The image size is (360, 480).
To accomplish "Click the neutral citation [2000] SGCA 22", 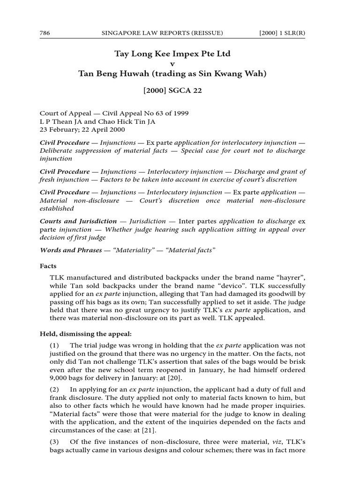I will pyautogui.click(x=172, y=90).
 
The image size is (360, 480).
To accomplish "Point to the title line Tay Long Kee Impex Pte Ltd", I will pyautogui.click(x=172, y=54).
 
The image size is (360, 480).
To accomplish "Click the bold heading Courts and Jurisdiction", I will pyautogui.click(x=78, y=221).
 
